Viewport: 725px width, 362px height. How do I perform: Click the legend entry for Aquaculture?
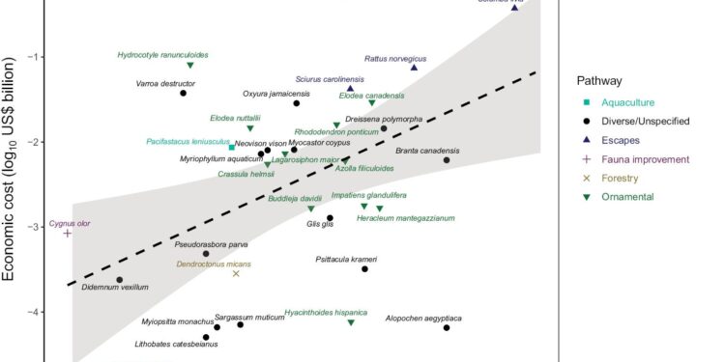[627, 102]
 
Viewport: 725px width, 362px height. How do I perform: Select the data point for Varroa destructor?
[183, 94]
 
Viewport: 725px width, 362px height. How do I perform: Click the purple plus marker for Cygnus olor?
[68, 233]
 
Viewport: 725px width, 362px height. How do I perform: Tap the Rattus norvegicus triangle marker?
[414, 68]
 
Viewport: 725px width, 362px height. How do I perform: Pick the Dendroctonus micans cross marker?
[236, 273]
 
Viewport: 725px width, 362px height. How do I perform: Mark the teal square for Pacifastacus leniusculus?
[232, 147]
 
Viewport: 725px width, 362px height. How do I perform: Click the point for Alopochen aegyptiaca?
[447, 328]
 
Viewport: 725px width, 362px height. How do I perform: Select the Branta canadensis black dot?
[447, 160]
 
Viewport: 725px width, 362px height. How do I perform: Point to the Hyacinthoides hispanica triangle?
[351, 322]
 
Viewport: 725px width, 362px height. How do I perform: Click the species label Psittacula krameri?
[346, 260]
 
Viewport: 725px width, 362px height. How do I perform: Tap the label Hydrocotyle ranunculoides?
[162, 55]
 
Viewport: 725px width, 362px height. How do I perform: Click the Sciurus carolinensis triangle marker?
[351, 88]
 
